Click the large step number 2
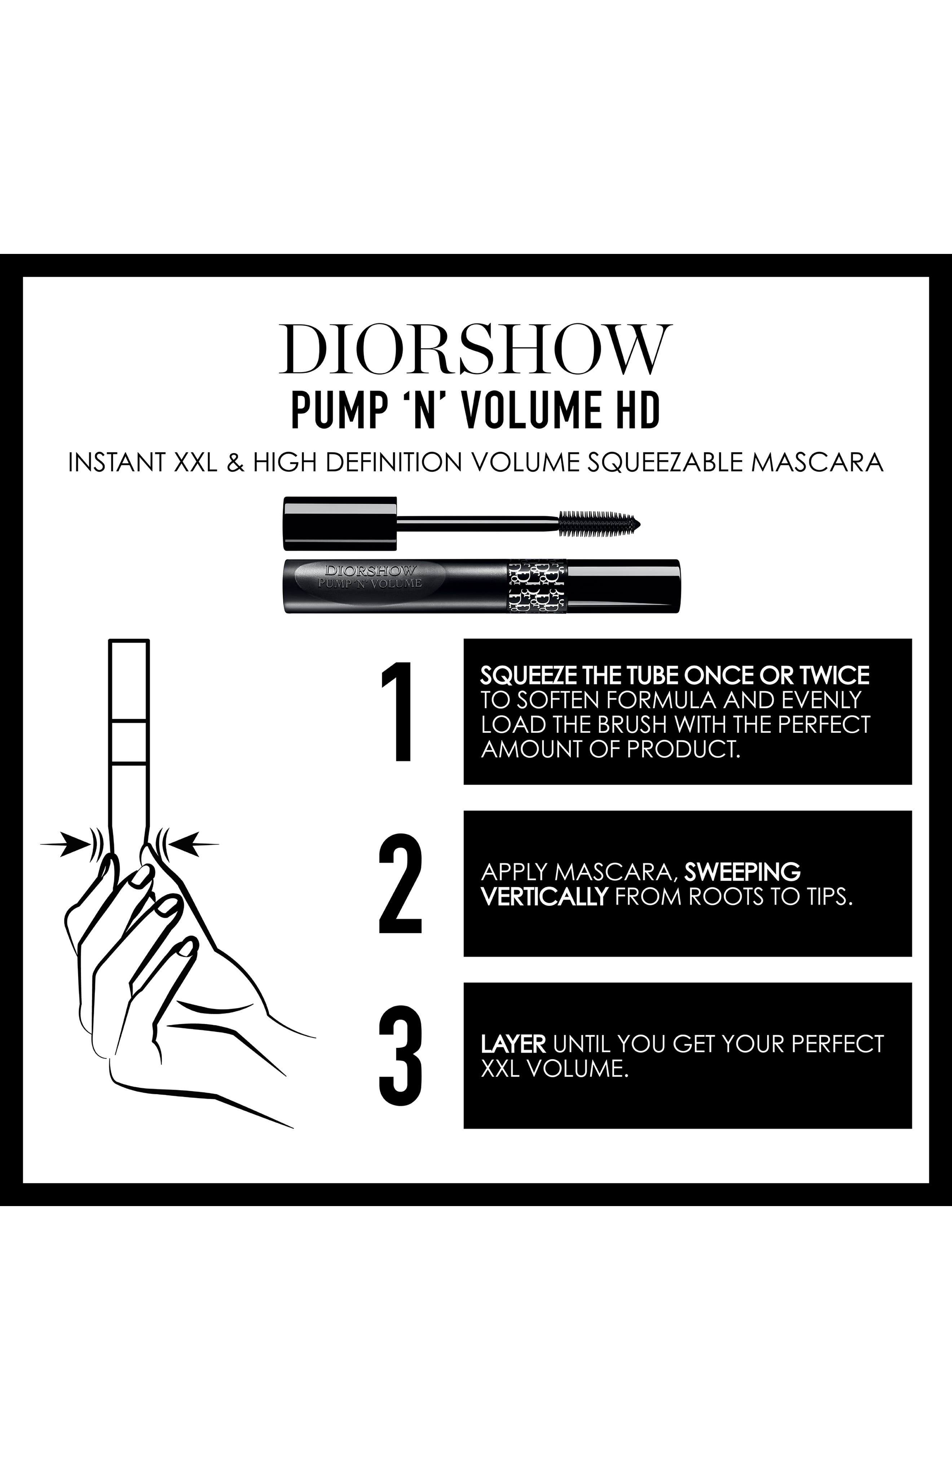point(400,884)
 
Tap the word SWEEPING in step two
point(742,872)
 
